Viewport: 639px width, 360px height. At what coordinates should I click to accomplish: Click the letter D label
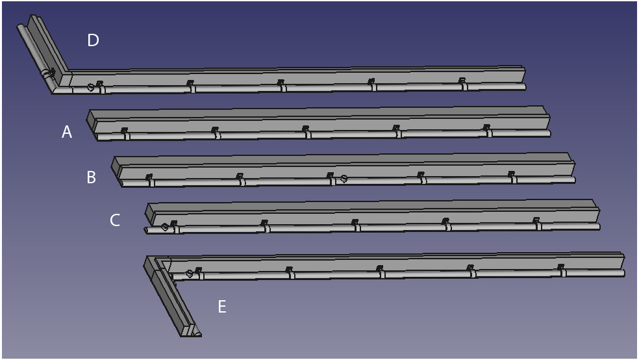coord(93,40)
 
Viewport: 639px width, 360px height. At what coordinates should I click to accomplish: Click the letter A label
coord(67,132)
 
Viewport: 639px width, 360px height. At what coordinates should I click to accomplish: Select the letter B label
coord(92,177)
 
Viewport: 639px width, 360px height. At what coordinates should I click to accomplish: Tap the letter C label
coord(115,220)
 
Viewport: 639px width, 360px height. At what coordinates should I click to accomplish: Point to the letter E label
coord(222,307)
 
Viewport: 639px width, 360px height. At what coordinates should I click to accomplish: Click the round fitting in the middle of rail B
coord(344,178)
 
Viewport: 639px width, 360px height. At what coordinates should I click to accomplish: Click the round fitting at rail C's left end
coord(165,227)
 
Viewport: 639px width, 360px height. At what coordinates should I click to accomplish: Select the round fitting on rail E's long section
coord(189,273)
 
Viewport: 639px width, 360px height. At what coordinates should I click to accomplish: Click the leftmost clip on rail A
coord(125,133)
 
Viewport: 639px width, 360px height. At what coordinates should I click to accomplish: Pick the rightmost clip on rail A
coord(487,131)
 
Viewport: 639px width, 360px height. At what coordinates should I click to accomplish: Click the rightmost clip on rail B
coord(512,177)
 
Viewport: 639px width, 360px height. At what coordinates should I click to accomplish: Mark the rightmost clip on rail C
coord(537,224)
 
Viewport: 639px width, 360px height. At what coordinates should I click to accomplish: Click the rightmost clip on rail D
coord(462,83)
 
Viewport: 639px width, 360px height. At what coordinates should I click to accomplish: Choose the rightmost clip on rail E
coord(562,270)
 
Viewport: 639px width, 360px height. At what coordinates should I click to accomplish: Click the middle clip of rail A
coord(306,132)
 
